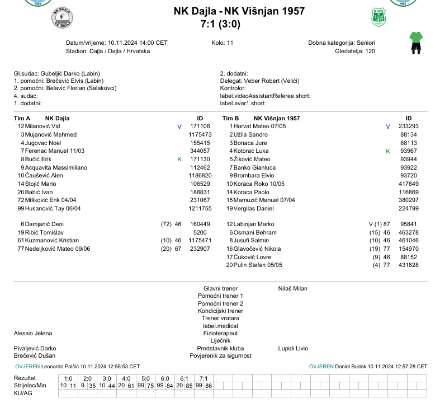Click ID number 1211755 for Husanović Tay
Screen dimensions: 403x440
[x=200, y=208]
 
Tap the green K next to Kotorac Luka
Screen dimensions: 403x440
[x=387, y=151]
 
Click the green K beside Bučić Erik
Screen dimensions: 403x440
[x=179, y=160]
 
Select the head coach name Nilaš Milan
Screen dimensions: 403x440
[x=292, y=289]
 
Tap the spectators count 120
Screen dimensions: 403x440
[x=370, y=51]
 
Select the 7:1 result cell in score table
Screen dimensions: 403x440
[x=204, y=378]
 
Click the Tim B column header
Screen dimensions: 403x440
[x=230, y=118]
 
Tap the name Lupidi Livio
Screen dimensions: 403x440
[x=293, y=348]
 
